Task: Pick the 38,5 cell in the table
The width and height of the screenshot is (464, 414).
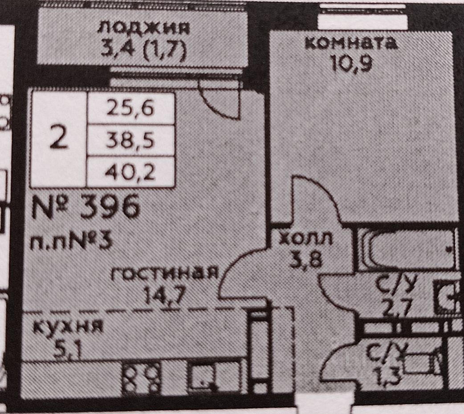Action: [x=130, y=141]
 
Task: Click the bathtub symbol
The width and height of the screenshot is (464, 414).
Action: [x=408, y=249]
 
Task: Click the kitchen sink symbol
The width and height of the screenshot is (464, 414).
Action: [x=203, y=376]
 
